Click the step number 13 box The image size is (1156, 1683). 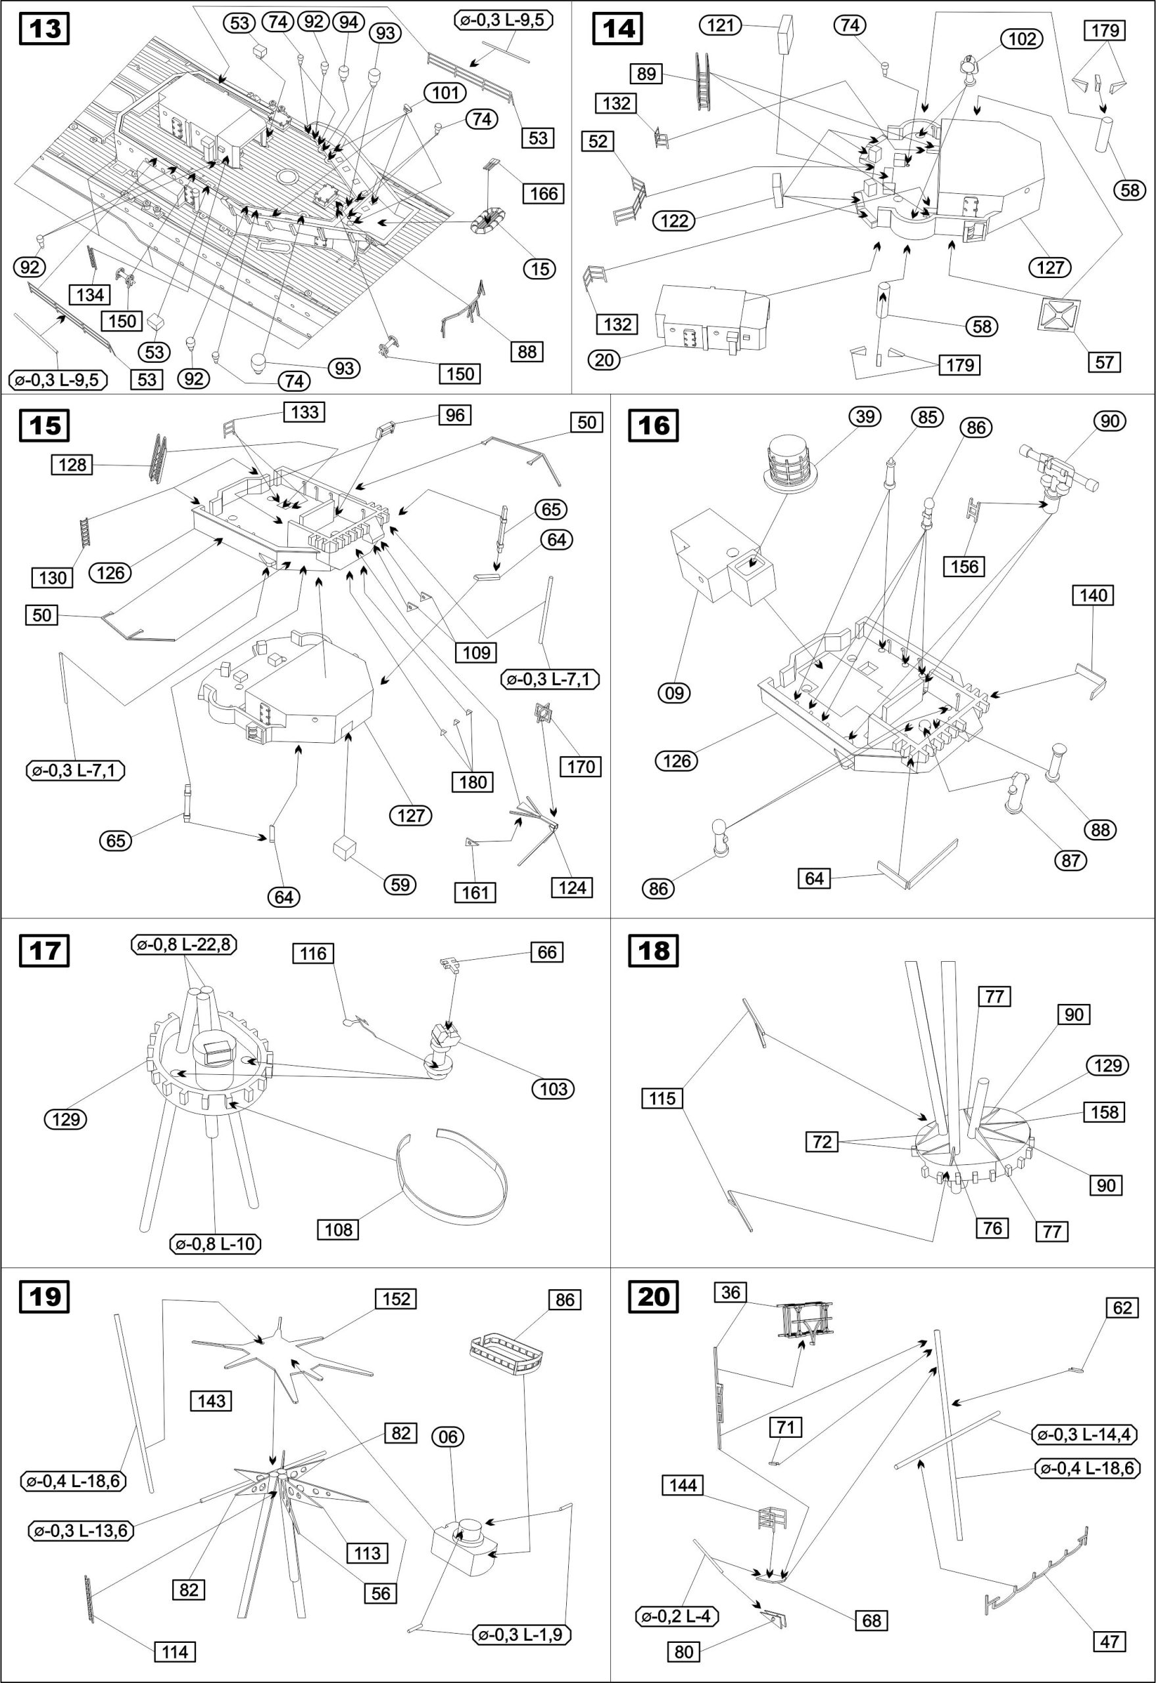point(45,30)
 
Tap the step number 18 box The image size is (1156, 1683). point(654,950)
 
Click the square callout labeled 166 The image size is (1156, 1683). point(544,193)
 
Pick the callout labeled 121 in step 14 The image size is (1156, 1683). point(721,26)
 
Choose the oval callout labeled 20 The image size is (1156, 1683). point(605,359)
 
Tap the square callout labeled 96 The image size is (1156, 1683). point(455,415)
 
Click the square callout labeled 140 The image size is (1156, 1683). point(1093,595)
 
